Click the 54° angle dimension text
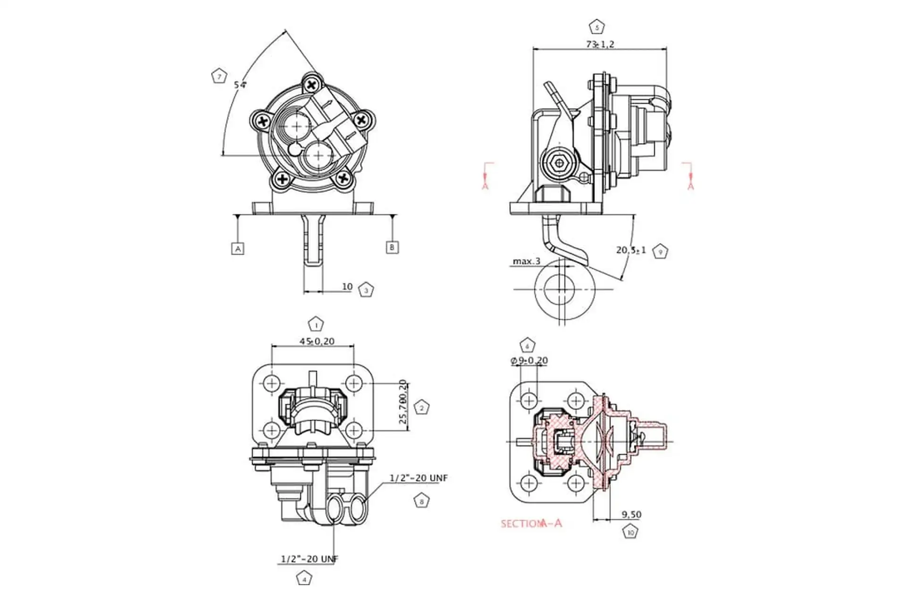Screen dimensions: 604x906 [240, 85]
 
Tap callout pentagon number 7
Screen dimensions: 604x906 [218, 76]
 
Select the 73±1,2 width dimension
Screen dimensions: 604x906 [600, 44]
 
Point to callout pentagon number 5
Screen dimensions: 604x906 [597, 27]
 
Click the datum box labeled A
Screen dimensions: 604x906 [238, 249]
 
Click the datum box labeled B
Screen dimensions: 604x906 [392, 247]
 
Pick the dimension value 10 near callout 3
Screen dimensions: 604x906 [347, 286]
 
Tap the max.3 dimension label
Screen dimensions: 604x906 [527, 261]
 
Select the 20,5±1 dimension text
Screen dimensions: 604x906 [631, 250]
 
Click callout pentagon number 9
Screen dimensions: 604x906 [660, 252]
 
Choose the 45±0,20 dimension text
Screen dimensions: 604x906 [317, 341]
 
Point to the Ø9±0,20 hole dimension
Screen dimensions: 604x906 [529, 361]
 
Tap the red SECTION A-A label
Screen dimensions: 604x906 [531, 523]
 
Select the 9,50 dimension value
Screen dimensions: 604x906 [631, 514]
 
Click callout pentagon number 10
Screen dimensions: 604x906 [630, 532]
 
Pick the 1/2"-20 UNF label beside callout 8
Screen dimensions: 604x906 [419, 478]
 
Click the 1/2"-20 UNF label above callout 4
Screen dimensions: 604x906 [310, 559]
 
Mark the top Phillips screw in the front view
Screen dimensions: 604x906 [311, 85]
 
